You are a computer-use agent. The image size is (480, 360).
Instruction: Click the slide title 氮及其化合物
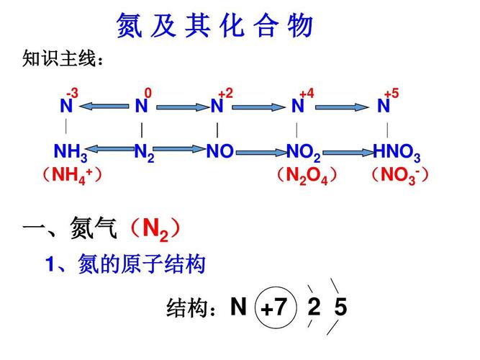coord(214,26)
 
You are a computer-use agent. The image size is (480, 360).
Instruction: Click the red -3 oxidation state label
coord(72,94)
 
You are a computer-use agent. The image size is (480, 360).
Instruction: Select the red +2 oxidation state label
coord(225,94)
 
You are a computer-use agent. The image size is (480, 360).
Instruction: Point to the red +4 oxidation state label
coord(307,94)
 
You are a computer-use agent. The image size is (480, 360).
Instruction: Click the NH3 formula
coord(71,153)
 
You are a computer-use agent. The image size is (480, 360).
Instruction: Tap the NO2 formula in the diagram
coord(304,153)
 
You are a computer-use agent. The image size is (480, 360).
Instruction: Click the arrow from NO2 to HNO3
coord(347,152)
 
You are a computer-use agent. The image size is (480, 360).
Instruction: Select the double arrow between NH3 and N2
coord(111,150)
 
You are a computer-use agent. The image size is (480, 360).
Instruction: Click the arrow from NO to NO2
coord(260,152)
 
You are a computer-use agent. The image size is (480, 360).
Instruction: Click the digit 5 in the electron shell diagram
coord(340,308)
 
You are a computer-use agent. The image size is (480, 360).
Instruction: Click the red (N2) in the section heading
coord(155,230)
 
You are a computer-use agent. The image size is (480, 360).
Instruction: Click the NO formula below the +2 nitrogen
coord(219,153)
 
